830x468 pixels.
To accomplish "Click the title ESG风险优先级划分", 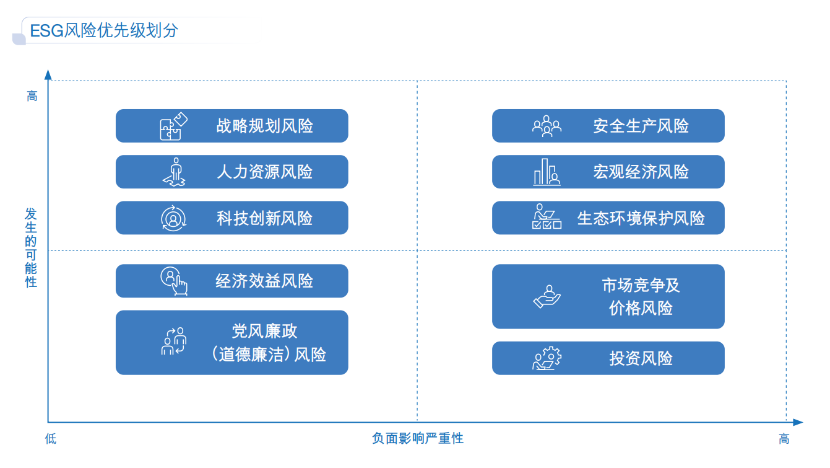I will pos(104,30).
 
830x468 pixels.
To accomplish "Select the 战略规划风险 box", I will pos(231,126).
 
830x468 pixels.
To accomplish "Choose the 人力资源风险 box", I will pos(231,172).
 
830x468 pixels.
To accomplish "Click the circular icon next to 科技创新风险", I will pos(173,218).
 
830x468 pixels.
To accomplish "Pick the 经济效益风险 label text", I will pos(264,281).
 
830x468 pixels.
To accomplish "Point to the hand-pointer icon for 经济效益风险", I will pos(174,281).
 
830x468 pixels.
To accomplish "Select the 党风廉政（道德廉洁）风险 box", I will pos(231,342).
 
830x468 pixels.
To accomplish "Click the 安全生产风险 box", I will pos(608,126).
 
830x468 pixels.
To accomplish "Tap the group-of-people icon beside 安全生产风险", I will pos(547,126).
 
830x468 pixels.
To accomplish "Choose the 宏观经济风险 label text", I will pos(641,172).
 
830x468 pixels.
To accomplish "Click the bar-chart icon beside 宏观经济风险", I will pos(547,172).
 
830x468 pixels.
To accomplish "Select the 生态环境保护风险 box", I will pos(608,218).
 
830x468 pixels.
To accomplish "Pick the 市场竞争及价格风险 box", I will pos(608,296).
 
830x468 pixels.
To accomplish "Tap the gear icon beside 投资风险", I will pos(547,358).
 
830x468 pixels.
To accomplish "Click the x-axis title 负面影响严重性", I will pos(418,438).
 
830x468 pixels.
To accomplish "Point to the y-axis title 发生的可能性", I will pos(31,247).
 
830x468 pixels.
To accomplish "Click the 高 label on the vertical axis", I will pos(32,96).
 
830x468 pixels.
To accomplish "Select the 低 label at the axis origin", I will pos(51,439).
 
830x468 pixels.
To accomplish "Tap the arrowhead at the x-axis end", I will pos(798,422).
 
